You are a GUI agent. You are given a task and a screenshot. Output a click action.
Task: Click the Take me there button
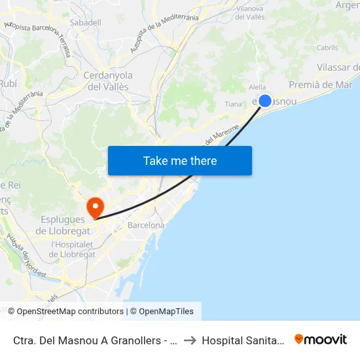pos(180,160)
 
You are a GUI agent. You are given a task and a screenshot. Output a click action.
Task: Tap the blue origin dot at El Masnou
pos(265,100)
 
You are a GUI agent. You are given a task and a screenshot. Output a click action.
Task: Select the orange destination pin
pos(96,207)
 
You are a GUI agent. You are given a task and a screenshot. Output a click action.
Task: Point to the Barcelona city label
pos(146,225)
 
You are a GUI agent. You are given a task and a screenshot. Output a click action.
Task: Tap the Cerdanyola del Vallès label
pos(108,81)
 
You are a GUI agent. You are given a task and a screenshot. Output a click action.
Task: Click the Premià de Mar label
pos(320,84)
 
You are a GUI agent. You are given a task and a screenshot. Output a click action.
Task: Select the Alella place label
pos(258,86)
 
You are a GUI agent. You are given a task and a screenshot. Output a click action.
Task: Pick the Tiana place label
pos(233,104)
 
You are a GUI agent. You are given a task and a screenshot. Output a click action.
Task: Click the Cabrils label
pos(327,48)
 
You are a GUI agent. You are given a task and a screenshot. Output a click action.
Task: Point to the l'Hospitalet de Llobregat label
pos(73,249)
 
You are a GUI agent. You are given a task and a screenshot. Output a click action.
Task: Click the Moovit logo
pos(321,340)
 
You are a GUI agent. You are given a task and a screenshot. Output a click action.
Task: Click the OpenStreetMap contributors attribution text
pos(70,312)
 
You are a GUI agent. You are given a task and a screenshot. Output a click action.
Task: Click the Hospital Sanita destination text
pos(242,340)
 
